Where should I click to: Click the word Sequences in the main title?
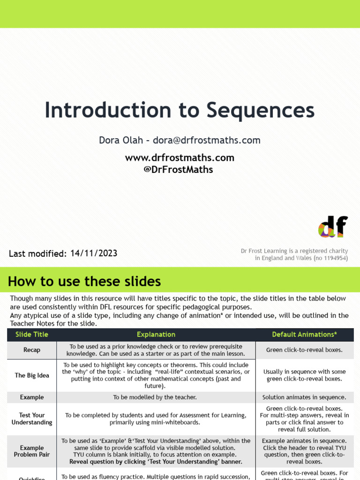click(x=260, y=111)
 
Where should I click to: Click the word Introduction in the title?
click(x=108, y=111)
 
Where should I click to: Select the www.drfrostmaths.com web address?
click(x=180, y=158)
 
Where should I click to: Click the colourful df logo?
click(x=333, y=227)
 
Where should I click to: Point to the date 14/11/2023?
click(x=94, y=254)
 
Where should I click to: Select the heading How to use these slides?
click(x=84, y=281)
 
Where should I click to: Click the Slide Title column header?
click(x=32, y=335)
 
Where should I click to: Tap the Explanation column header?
click(x=156, y=335)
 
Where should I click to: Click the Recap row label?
click(x=32, y=350)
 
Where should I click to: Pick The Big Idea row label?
click(x=32, y=375)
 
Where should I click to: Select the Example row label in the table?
click(x=32, y=397)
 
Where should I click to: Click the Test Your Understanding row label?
click(x=32, y=419)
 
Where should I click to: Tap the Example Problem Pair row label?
click(x=32, y=451)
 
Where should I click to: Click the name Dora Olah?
click(x=120, y=140)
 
